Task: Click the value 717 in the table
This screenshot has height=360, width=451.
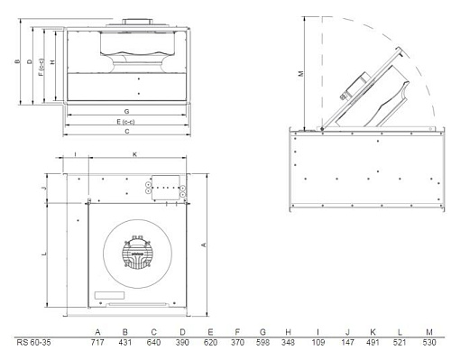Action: point(97,342)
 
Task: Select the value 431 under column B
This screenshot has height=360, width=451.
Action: point(125,342)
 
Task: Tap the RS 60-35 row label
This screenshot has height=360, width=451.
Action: point(33,342)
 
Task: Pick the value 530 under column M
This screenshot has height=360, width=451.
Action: point(429,342)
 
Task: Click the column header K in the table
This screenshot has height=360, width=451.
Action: point(373,332)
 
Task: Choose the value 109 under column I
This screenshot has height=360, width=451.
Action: point(318,342)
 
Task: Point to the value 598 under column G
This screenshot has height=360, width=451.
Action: point(262,342)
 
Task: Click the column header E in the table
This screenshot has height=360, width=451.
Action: point(210,332)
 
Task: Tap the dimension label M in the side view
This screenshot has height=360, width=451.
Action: point(301,73)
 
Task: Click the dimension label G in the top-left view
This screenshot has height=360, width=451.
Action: point(127,111)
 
